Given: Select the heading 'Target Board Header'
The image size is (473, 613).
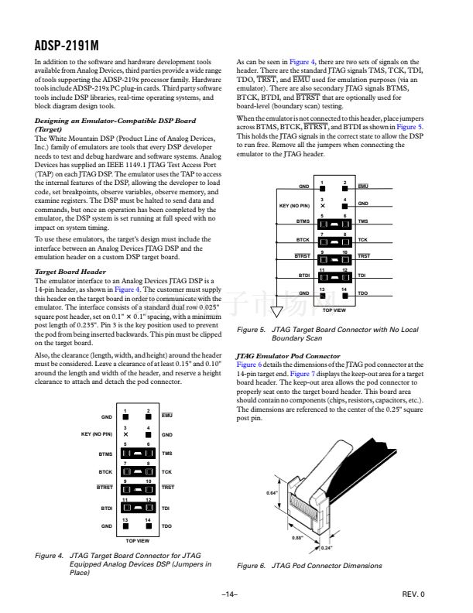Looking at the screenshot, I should pos(70,272).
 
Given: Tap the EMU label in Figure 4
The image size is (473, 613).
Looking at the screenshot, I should pos(167,416).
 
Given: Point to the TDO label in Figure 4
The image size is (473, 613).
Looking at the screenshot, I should pos(166,526).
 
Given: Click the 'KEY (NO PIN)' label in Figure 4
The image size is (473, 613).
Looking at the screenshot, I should pos(97,435).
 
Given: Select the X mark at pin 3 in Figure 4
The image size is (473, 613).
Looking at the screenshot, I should pos(125,435).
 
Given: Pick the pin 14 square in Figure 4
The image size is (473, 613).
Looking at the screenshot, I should pos(147,526).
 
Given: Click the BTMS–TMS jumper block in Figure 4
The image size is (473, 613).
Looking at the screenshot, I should pos(136,454).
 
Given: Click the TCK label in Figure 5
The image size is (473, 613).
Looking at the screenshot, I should pos(363,239).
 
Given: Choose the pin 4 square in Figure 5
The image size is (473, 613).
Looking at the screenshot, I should pos(344,206).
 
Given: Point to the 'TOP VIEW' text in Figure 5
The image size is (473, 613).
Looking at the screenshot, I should pos(334,309).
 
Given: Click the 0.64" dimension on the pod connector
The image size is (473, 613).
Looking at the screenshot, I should pos(272,492).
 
